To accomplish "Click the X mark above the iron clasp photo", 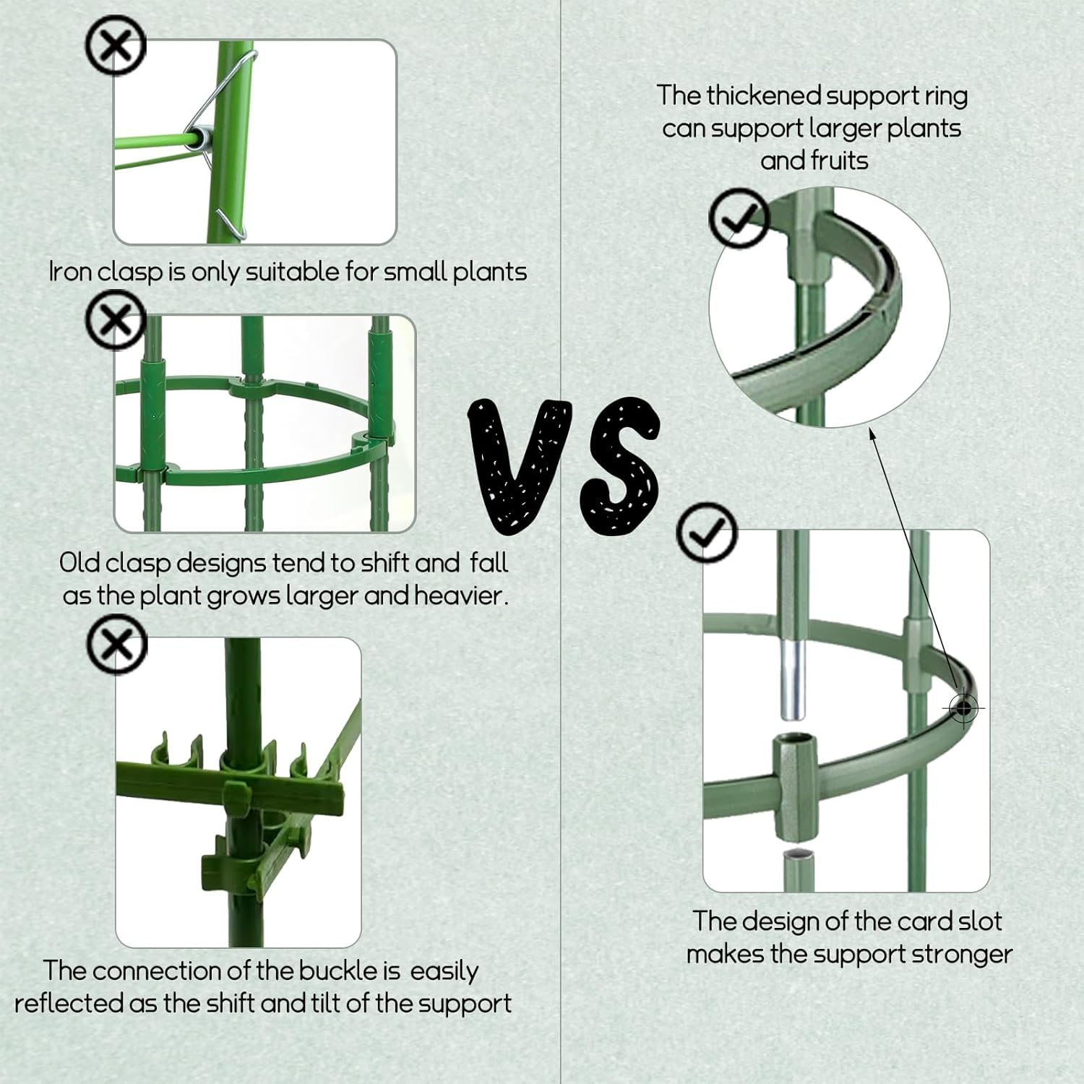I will pyautogui.click(x=116, y=45).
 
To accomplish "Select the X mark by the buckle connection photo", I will pyautogui.click(x=116, y=645).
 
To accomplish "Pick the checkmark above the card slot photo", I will pyautogui.click(x=707, y=533).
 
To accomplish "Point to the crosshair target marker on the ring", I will pyautogui.click(x=963, y=708).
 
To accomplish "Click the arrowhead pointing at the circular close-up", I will pyautogui.click(x=872, y=434).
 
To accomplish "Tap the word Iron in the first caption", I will pyautogui.click(x=69, y=272).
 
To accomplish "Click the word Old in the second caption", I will pyautogui.click(x=79, y=562).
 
